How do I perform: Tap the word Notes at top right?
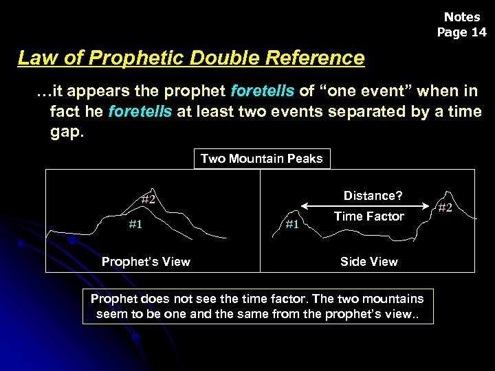[x=462, y=17]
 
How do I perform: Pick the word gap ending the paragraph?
[x=65, y=131]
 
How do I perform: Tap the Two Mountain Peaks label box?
[x=261, y=159]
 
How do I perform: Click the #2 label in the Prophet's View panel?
[x=148, y=200]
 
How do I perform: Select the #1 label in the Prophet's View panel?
[x=136, y=224]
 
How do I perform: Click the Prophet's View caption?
[x=146, y=261]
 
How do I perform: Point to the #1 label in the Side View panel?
[x=292, y=224]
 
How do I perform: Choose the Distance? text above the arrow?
[x=373, y=196]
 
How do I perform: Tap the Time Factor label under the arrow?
[x=369, y=217]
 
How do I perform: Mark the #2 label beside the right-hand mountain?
[x=445, y=207]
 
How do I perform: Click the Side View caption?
[x=369, y=261]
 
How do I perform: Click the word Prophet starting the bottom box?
[x=113, y=299]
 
